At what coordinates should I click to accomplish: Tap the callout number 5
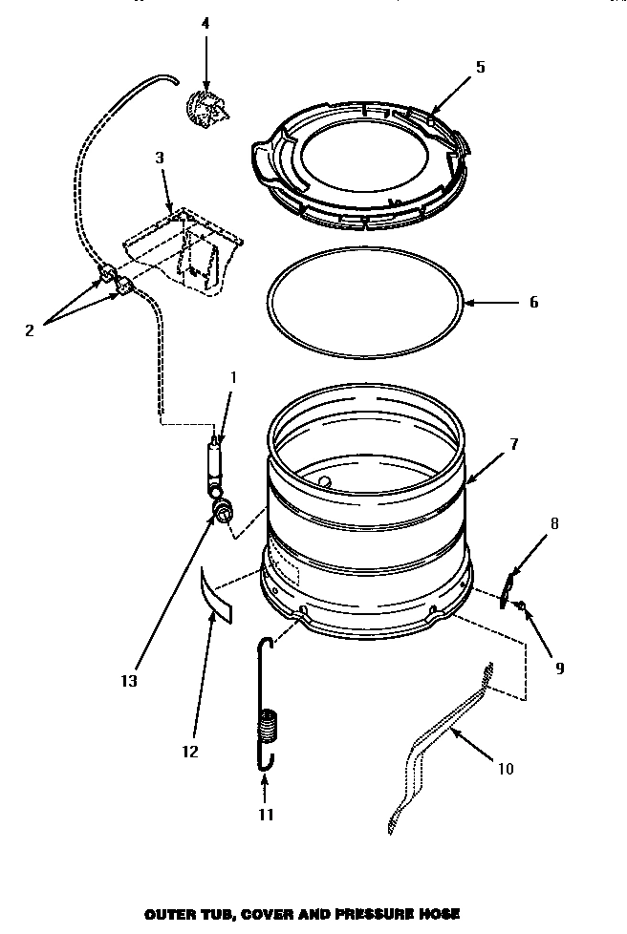pyautogui.click(x=480, y=66)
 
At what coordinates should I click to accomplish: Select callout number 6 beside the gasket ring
pyautogui.click(x=533, y=303)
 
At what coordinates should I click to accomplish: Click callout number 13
pyautogui.click(x=129, y=681)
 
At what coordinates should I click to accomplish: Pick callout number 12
pyautogui.click(x=189, y=752)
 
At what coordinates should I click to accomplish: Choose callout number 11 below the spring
pyautogui.click(x=266, y=814)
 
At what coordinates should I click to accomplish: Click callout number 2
pyautogui.click(x=29, y=330)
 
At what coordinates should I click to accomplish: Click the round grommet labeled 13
pyautogui.click(x=223, y=513)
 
